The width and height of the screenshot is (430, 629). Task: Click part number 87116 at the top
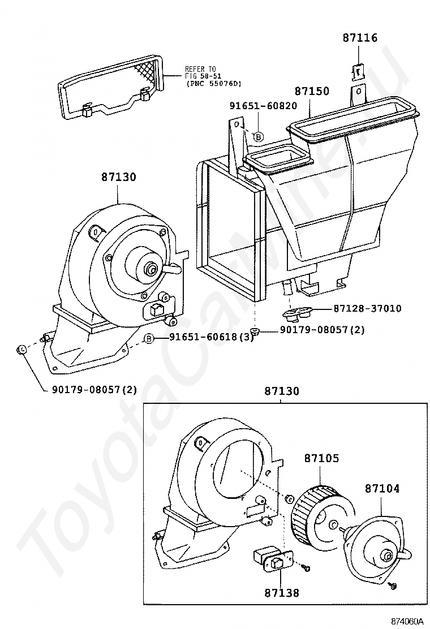(360, 38)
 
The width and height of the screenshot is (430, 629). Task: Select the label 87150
(312, 91)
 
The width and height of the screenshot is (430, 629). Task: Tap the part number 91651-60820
(264, 106)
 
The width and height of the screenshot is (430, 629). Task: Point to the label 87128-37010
(367, 308)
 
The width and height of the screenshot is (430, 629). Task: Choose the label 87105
(321, 458)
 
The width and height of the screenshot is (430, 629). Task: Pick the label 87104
(382, 489)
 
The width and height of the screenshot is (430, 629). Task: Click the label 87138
(282, 592)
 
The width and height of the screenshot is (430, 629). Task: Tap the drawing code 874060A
(407, 622)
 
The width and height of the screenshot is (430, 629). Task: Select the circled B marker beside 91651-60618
(149, 339)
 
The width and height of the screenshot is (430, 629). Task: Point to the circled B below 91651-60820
(259, 137)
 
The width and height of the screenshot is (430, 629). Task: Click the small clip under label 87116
(358, 72)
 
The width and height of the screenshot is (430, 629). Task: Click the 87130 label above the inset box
(282, 391)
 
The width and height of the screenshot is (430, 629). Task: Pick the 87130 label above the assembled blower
(118, 177)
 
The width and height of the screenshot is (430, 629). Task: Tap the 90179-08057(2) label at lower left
(94, 389)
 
